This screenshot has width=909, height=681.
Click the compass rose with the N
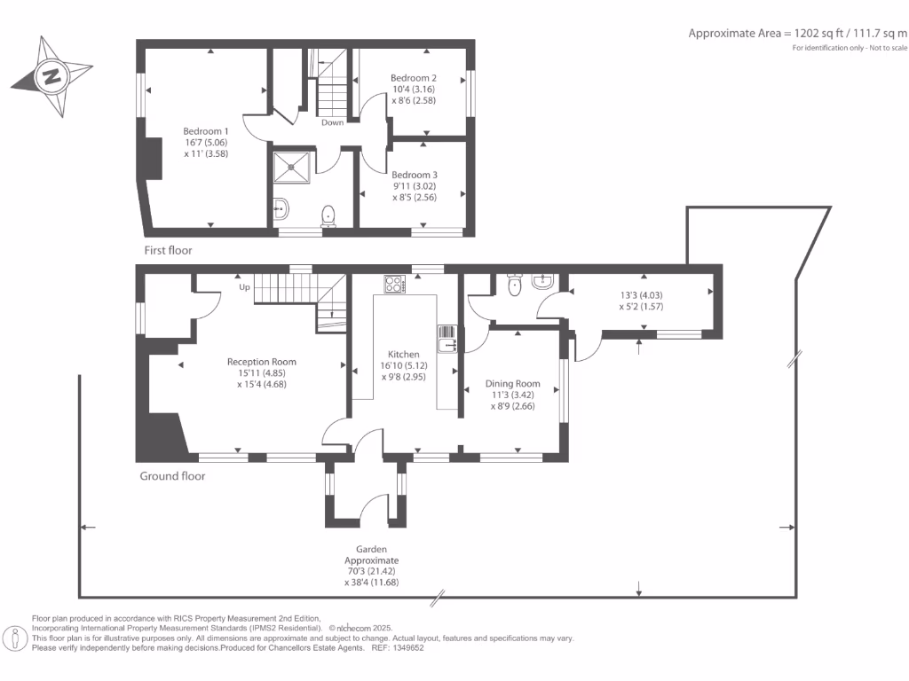pyautogui.click(x=51, y=76)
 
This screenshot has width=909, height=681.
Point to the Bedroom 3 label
pyautogui.click(x=414, y=175)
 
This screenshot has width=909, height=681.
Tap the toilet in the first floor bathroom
pyautogui.click(x=328, y=214)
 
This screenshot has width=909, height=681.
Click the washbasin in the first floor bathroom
pyautogui.click(x=281, y=209)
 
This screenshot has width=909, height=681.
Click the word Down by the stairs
pyautogui.click(x=332, y=122)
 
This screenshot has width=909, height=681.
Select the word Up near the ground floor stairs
pyautogui.click(x=243, y=287)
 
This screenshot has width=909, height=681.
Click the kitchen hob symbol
pyautogui.click(x=394, y=284)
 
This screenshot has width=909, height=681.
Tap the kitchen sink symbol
pyautogui.click(x=446, y=339)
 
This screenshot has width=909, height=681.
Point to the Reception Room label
pyautogui.click(x=261, y=362)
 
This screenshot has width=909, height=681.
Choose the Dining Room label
pyautogui.click(x=512, y=384)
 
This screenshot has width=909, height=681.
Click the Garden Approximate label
pyautogui.click(x=372, y=555)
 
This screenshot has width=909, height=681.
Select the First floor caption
pyautogui.click(x=168, y=251)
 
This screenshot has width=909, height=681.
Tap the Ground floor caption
pyautogui.click(x=172, y=476)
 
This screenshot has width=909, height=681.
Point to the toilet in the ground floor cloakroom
pyautogui.click(x=513, y=286)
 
